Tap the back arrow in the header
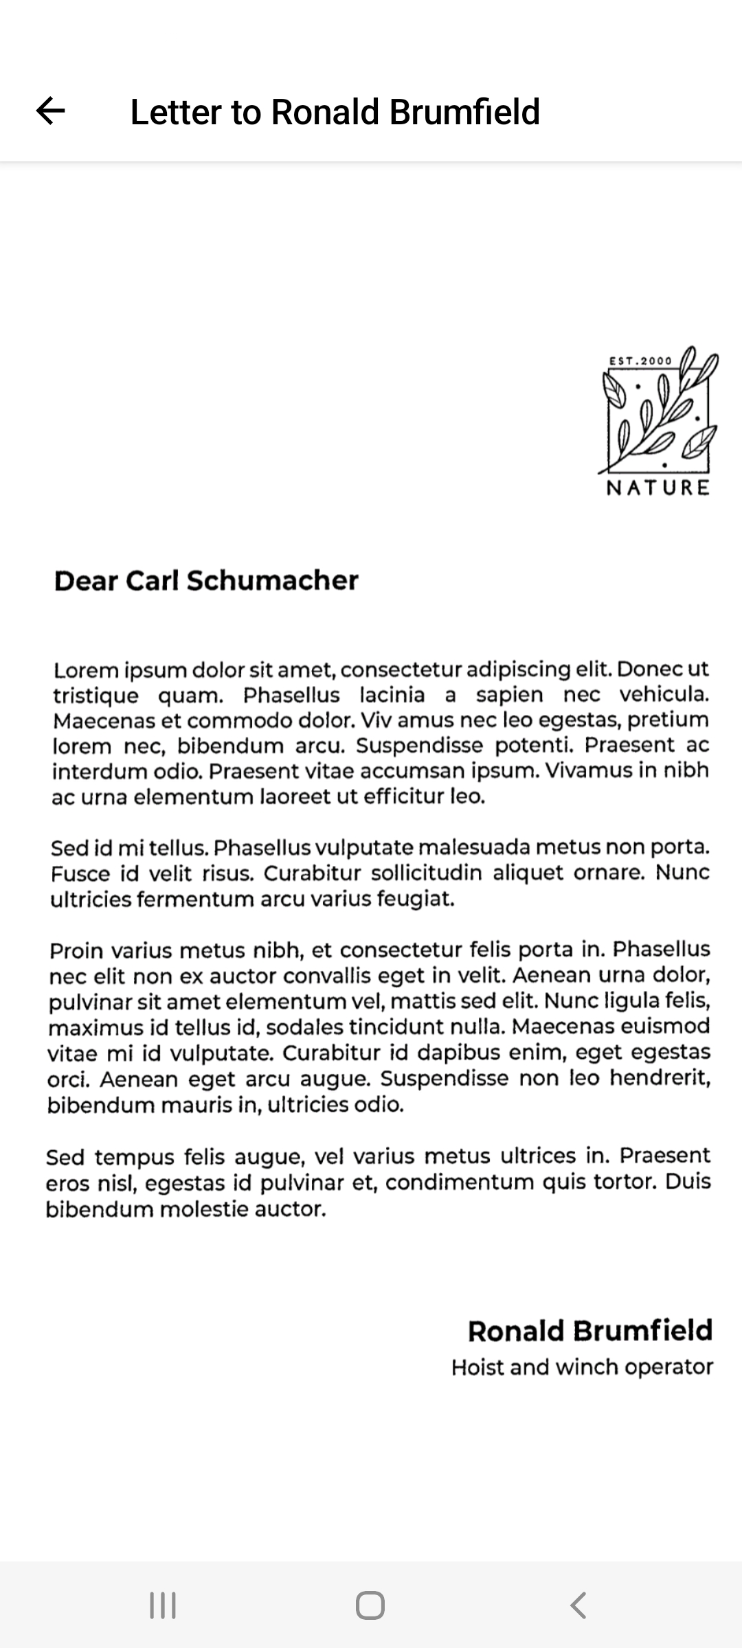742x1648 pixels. coord(50,111)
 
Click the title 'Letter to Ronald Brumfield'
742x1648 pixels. coord(335,112)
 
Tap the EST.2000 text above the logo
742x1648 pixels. coord(640,360)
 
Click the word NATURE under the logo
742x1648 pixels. coord(657,488)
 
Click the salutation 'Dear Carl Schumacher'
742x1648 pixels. coord(206,581)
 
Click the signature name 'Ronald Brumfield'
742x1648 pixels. coord(589,1331)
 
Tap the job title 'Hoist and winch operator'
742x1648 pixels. coord(582,1367)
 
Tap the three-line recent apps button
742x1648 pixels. coord(163,1605)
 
